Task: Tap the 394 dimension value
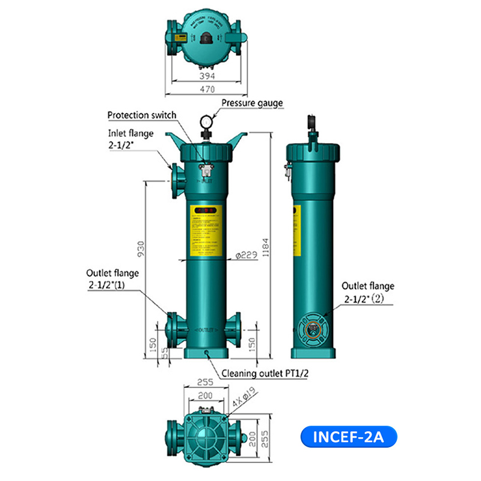[206, 76]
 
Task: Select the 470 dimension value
[206, 90]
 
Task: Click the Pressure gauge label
[252, 103]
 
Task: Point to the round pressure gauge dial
[206, 122]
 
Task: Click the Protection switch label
[142, 115]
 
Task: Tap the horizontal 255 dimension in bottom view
[206, 382]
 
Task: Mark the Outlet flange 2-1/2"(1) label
[112, 278]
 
